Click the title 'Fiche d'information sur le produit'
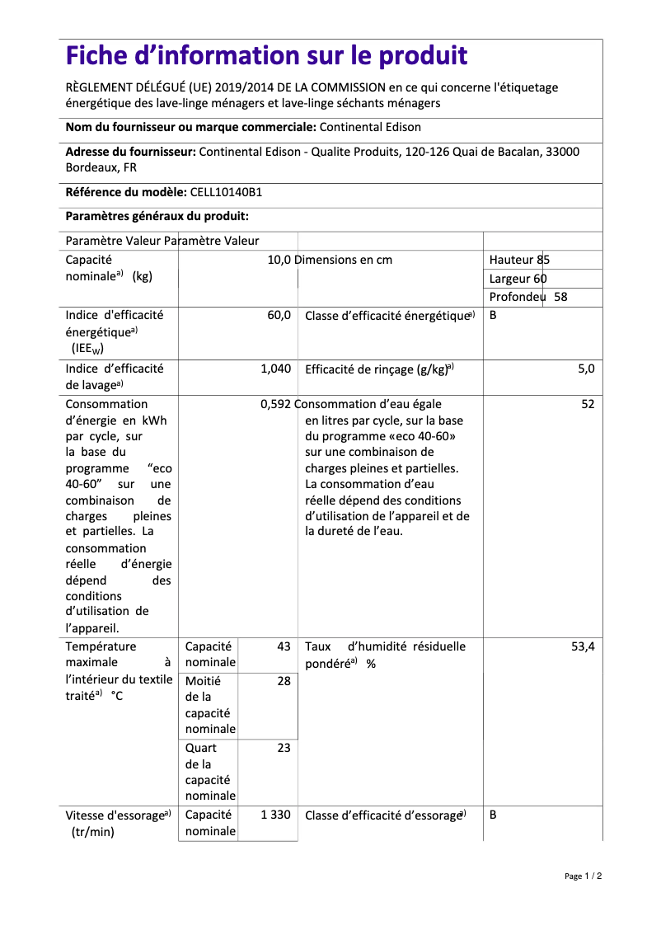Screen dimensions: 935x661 tap(266, 56)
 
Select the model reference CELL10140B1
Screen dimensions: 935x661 tap(226, 192)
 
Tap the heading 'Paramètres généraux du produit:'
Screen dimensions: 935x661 tap(157, 216)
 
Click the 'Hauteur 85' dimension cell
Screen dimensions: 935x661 tap(519, 260)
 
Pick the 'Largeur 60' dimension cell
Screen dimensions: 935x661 tap(518, 279)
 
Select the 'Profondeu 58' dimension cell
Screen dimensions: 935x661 tap(528, 297)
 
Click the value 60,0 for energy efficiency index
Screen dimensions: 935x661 tap(279, 316)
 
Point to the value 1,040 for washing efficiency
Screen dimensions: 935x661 tap(275, 369)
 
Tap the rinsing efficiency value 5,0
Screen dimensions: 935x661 tap(585, 369)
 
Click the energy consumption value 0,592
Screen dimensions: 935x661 tap(275, 404)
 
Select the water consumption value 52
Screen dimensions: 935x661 tap(587, 404)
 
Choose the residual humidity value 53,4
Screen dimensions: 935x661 tap(583, 647)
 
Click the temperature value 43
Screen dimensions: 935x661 tap(284, 647)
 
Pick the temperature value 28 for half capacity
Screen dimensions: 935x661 tap(284, 681)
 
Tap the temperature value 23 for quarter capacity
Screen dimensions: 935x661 tap(284, 748)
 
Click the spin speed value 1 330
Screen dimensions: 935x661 tap(275, 815)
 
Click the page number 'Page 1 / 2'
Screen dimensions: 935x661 tap(583, 876)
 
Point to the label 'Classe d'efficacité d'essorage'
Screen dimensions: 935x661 tap(384, 815)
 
